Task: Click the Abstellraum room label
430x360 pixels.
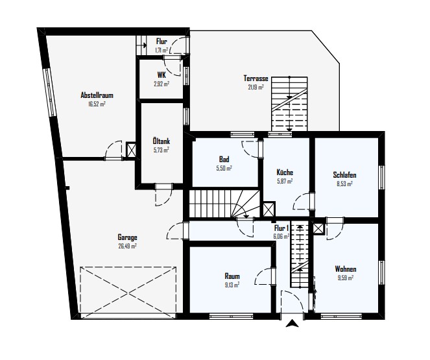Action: [x=97, y=95]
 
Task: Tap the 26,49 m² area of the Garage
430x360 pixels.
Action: [x=127, y=246]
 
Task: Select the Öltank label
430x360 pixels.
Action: [x=161, y=141]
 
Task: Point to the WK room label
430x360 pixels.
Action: [x=161, y=75]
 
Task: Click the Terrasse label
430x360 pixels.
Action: [x=256, y=78]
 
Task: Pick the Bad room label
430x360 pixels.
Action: [x=224, y=159]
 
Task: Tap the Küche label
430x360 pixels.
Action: [x=285, y=172]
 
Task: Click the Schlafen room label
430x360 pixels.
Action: [x=344, y=174]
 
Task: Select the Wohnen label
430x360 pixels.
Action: [x=346, y=269]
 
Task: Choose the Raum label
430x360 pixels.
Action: [x=232, y=276]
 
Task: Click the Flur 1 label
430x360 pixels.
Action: [x=281, y=228]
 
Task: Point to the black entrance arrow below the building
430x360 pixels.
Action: [x=292, y=324]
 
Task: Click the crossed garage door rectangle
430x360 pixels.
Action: [x=128, y=293]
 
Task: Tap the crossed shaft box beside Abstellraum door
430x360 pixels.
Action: [x=131, y=150]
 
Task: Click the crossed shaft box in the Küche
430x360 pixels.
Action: [x=269, y=210]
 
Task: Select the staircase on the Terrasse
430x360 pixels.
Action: [x=289, y=104]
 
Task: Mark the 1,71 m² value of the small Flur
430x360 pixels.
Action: [x=161, y=51]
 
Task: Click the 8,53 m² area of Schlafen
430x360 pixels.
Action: [x=344, y=184]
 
